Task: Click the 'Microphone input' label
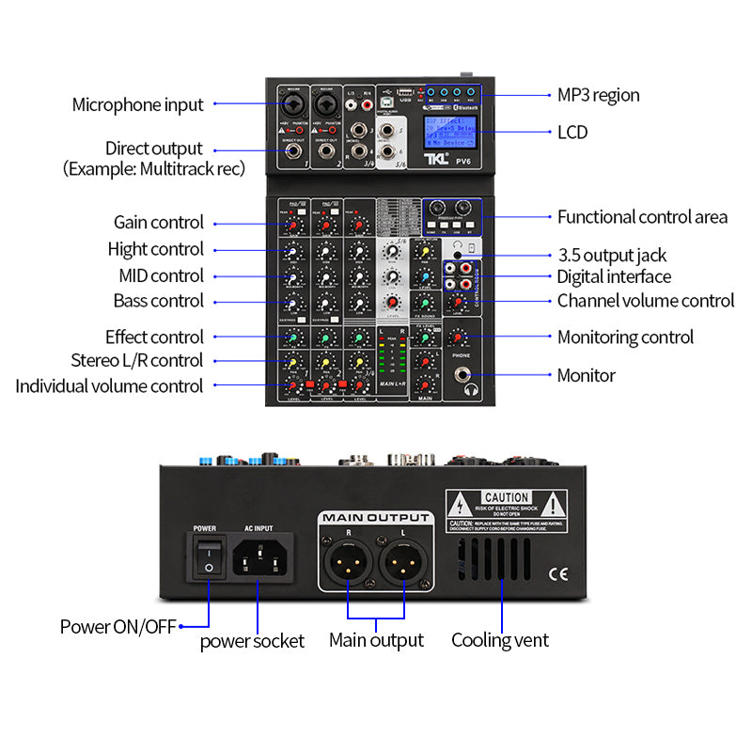pyautogui.click(x=137, y=104)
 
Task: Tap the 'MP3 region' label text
pyautogui.click(x=598, y=95)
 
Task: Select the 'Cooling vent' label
pyautogui.click(x=500, y=640)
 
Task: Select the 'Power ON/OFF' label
pyautogui.click(x=117, y=626)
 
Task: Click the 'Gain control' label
pyautogui.click(x=158, y=223)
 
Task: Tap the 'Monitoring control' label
pyautogui.click(x=625, y=337)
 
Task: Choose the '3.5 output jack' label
pyautogui.click(x=612, y=255)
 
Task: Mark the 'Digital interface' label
pyautogui.click(x=614, y=276)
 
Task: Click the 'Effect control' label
pyautogui.click(x=154, y=337)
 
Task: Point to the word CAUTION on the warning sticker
pyautogui.click(x=507, y=497)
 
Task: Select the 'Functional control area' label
pyautogui.click(x=642, y=217)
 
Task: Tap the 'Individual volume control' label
pyautogui.click(x=109, y=385)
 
